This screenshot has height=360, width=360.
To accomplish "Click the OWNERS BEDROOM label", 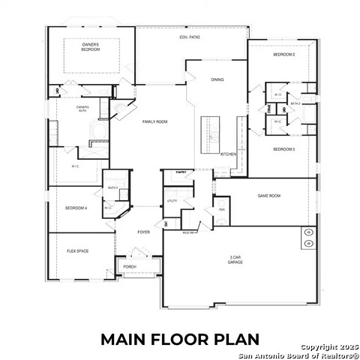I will pos(91,46).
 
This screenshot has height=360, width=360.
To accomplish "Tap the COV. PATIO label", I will pos(189,37).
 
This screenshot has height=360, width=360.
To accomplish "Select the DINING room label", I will pos(217,79).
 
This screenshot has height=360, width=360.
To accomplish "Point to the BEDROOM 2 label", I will pos(283,55).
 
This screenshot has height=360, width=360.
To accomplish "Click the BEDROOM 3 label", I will pos(283,149).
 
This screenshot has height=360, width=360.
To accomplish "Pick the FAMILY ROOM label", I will pos(155,121).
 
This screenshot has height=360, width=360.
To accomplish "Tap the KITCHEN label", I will pos(228,154).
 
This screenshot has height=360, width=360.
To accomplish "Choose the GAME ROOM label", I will pos(268,196).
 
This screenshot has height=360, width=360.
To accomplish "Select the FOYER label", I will pos(143,232).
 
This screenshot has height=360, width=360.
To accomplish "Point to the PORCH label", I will pos(129,266).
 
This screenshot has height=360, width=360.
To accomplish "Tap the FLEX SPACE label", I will pos(78,250).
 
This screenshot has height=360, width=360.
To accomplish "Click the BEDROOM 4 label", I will pos(76,208).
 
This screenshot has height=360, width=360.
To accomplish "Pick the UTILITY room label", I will pos(172,202).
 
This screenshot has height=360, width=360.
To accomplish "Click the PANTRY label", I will pos(180,172).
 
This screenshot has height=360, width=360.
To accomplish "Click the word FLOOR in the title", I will pos(181,340).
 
